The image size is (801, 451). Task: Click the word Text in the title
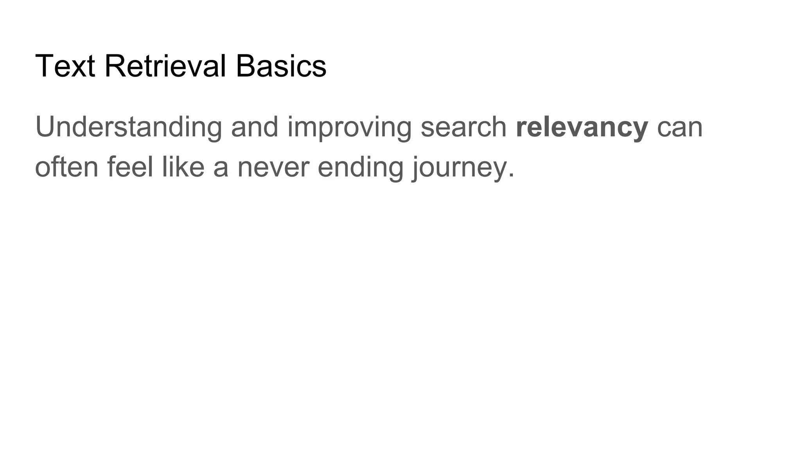point(65,66)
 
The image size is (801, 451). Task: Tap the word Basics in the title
point(281,66)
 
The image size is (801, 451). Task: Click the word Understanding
point(129,127)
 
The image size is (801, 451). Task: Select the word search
point(463,127)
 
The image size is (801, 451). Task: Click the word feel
point(130,167)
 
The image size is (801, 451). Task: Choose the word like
point(183,167)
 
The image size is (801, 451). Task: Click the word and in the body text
point(255,127)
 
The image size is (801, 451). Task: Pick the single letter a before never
point(221,168)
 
